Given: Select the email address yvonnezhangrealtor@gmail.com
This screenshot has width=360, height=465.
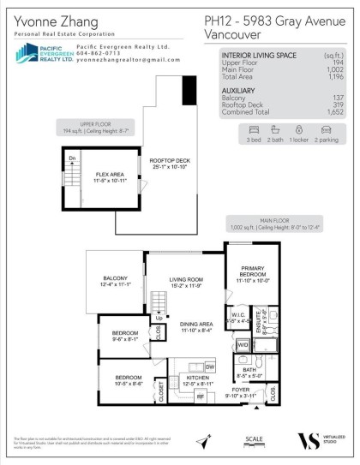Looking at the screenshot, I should pyautogui.click(x=120, y=61).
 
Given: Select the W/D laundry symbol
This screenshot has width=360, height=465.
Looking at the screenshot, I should pyautogui.click(x=243, y=345).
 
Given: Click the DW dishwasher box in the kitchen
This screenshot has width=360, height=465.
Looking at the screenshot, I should pyautogui.click(x=209, y=366).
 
